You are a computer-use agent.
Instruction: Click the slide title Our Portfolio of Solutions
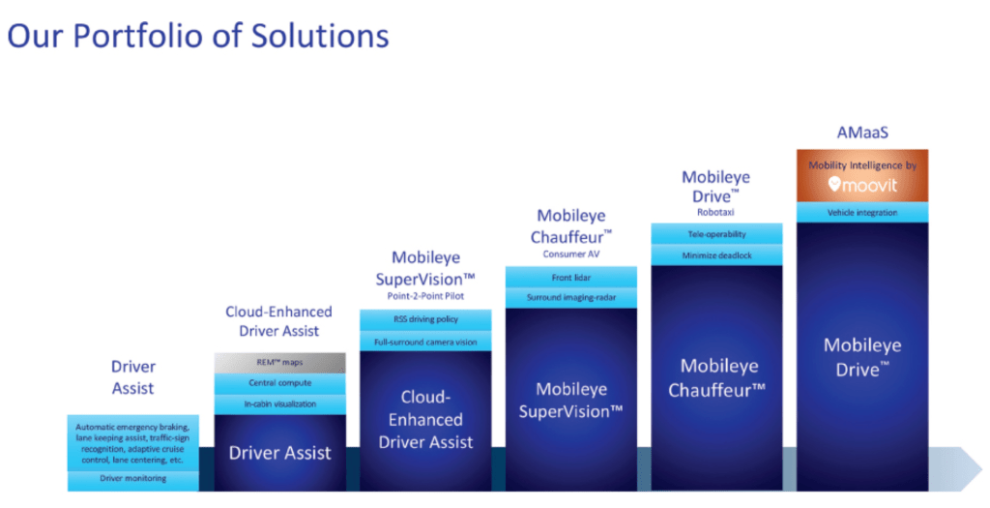click(x=198, y=36)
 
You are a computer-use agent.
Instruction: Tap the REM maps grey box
click(x=279, y=363)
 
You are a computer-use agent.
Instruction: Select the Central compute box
click(x=279, y=383)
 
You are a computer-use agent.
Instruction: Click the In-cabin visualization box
click(x=279, y=403)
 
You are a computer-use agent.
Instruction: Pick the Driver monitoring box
click(x=132, y=479)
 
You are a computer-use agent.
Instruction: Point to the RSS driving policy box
click(x=425, y=319)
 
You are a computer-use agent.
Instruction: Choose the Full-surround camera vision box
click(x=425, y=341)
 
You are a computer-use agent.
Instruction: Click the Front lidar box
click(x=571, y=277)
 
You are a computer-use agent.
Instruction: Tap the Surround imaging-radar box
click(x=571, y=297)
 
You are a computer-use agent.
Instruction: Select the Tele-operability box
click(x=716, y=233)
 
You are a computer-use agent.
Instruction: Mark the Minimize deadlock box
click(x=716, y=254)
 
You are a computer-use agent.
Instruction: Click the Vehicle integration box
click(x=862, y=212)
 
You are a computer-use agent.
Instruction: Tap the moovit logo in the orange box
click(x=862, y=184)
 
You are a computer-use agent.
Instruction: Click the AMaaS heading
click(x=861, y=134)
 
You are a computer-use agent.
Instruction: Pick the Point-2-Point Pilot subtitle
click(x=425, y=296)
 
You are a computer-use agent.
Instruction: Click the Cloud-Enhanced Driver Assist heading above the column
click(x=278, y=321)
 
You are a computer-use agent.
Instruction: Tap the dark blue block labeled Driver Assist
click(x=279, y=452)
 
